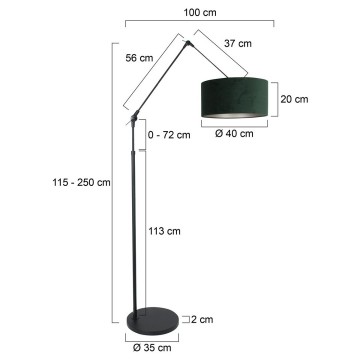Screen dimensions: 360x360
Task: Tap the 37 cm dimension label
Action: pos(238,42)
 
